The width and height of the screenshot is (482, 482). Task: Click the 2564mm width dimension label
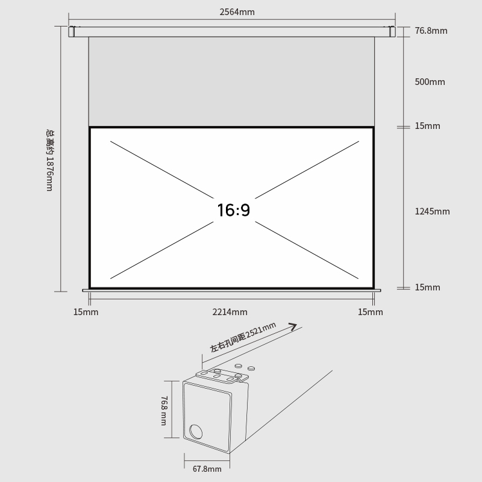[237, 12]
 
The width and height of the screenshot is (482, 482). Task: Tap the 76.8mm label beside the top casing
[431, 31]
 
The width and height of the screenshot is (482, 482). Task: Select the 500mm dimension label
[430, 82]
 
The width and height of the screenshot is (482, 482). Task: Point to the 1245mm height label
[432, 211]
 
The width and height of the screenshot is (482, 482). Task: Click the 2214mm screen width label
[230, 312]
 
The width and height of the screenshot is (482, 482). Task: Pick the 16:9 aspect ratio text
[234, 210]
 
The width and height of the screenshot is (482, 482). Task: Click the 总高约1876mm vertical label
[50, 160]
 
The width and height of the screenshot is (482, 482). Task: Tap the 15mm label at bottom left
[86, 312]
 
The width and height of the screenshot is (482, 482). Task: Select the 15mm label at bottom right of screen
[371, 312]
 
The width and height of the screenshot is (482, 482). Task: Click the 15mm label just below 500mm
[427, 126]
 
